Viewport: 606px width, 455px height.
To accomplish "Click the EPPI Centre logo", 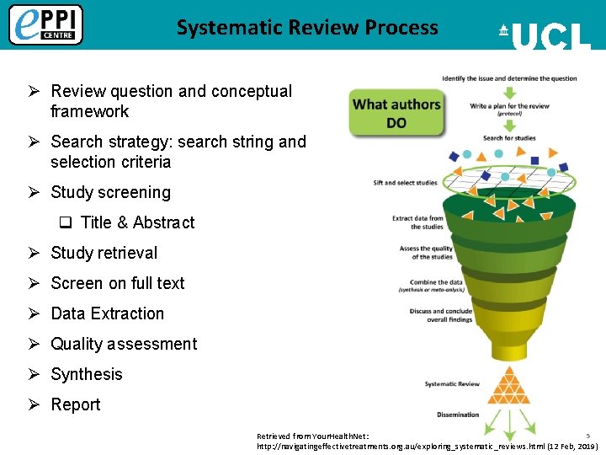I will (45, 24).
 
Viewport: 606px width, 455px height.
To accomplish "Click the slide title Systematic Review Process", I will (307, 28).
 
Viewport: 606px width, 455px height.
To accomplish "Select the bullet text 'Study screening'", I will (110, 192).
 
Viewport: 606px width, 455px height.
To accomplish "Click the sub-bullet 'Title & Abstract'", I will (137, 222).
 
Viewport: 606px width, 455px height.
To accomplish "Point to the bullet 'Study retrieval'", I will (104, 253).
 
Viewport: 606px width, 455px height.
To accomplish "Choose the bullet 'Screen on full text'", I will (117, 283).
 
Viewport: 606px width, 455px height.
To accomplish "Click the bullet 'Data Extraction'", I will (107, 313).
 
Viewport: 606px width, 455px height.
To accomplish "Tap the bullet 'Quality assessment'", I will (124, 344).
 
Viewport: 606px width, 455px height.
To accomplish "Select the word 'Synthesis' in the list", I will (87, 374).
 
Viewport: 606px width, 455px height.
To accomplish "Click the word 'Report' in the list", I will (76, 404).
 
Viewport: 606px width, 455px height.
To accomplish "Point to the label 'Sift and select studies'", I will (405, 183).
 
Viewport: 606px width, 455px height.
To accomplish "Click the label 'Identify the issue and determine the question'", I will (509, 78).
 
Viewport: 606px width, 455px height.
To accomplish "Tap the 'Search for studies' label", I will (509, 137).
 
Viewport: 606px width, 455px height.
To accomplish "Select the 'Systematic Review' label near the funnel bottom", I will (452, 384).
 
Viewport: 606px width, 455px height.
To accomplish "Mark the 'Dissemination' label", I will (458, 415).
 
